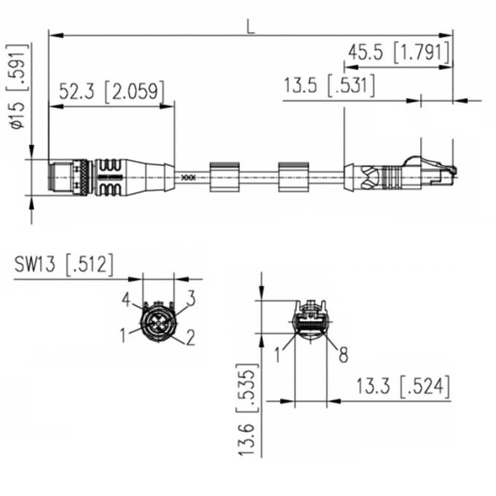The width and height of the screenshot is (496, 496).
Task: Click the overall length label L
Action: (250, 27)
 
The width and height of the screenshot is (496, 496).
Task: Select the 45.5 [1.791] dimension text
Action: (399, 53)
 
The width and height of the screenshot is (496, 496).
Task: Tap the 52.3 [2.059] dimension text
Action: (112, 92)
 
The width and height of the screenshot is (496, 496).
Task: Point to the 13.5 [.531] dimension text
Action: (330, 85)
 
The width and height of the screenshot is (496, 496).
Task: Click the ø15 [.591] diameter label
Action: (18, 86)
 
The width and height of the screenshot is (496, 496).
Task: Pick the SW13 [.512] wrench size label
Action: (63, 265)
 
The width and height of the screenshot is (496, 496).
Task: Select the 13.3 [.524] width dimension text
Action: (403, 387)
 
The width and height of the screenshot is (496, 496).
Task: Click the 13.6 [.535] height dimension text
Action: (247, 410)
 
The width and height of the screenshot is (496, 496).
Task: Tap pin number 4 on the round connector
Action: (126, 299)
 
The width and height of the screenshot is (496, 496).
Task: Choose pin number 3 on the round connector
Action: (191, 298)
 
